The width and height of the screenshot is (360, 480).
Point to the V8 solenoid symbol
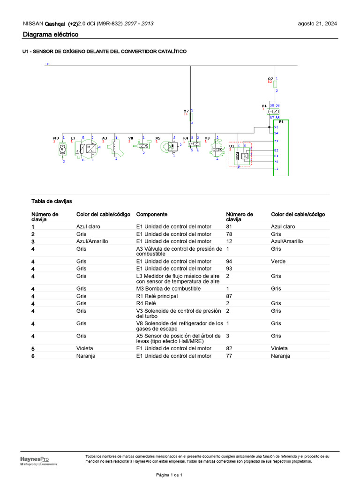(x=142, y=146)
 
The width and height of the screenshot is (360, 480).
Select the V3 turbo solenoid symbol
(x=217, y=148)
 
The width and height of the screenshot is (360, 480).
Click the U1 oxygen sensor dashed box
(x=240, y=154)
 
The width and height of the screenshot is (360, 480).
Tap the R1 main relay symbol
(x=273, y=112)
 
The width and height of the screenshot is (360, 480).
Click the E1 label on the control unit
(x=281, y=121)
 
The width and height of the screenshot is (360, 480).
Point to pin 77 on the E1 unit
(x=276, y=141)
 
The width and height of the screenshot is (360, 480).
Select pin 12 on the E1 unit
(x=276, y=168)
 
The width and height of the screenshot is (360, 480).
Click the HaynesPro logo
(x=34, y=460)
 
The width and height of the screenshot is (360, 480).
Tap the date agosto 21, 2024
(x=317, y=23)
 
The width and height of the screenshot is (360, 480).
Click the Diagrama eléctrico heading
(x=51, y=35)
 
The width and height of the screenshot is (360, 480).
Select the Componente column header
(x=151, y=214)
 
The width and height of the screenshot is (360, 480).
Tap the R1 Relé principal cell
(x=157, y=296)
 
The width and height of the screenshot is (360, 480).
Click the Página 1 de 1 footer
(x=169, y=475)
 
